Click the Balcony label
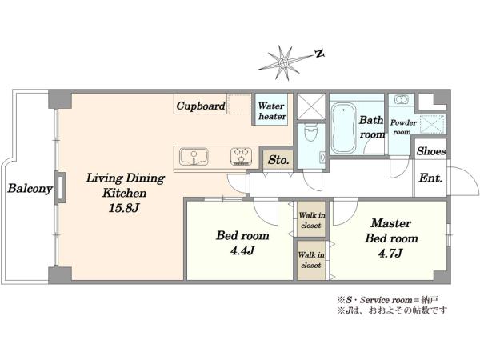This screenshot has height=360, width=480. coord(30,189)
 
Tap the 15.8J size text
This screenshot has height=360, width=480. coord(124,208)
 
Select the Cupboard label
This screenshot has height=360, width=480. coord(201,106)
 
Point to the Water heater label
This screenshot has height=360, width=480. coord(272,111)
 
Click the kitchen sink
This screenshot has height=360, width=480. coord(194,157)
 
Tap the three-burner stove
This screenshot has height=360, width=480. coord(242,157)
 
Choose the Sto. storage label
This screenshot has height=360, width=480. coord(278,160)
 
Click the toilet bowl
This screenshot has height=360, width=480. coord(311,133)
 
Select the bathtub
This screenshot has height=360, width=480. coord(343,128)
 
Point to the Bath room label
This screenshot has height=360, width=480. coord(372,127)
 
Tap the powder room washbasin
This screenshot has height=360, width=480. coord(401,99)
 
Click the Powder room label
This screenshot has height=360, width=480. coord(403,127)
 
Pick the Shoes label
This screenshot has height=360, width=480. coord(431,151)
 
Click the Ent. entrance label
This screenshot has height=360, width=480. coord(430,178)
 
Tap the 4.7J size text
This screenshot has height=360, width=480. coord(390,254)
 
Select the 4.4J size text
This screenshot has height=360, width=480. coord(242,251)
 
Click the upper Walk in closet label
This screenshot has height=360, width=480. coord(312,221)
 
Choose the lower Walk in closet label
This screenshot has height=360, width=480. coord(311,260)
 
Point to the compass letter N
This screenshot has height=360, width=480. coord(319,54)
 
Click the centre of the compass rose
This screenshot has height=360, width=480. coord(283,63)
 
